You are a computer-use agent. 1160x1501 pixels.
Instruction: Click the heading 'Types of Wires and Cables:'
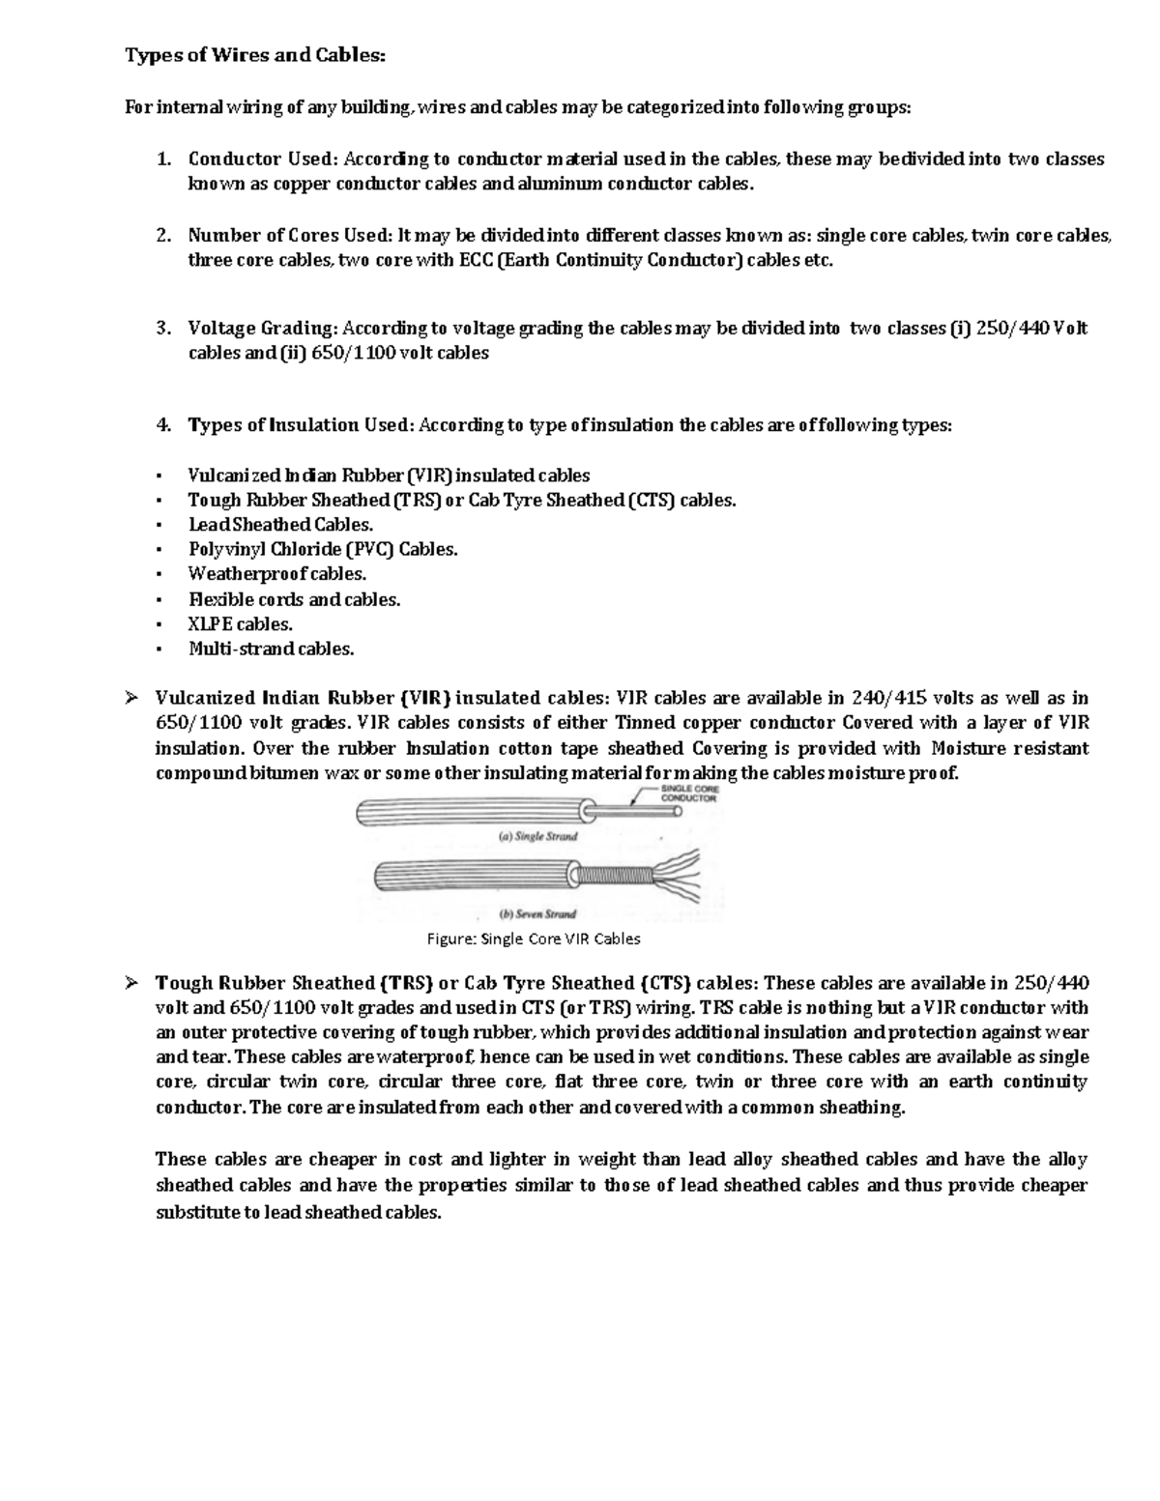click(255, 55)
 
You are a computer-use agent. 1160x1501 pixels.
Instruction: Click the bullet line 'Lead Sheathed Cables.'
click(280, 525)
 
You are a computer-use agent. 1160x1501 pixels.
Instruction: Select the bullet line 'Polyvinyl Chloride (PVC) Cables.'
click(323, 549)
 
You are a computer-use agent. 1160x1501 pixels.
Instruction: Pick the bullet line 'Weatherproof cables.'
click(277, 574)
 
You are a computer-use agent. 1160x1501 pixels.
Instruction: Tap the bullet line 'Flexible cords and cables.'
click(294, 599)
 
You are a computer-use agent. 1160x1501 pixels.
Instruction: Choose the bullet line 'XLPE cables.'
click(240, 624)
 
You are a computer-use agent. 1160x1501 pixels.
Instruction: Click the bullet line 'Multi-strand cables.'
click(271, 649)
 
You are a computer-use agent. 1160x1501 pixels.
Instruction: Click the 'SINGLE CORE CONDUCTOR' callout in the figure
click(688, 794)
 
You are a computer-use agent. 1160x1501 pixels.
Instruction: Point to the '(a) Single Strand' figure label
click(537, 836)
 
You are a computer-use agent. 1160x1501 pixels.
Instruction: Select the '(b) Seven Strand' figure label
click(536, 913)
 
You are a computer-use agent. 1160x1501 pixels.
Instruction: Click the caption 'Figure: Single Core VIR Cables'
click(534, 938)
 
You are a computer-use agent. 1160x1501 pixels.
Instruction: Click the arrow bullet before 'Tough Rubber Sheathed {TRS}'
click(131, 983)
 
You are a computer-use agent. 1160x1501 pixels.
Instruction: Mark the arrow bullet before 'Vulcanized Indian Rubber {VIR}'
click(131, 698)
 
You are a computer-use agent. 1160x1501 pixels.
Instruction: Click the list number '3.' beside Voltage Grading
click(163, 329)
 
